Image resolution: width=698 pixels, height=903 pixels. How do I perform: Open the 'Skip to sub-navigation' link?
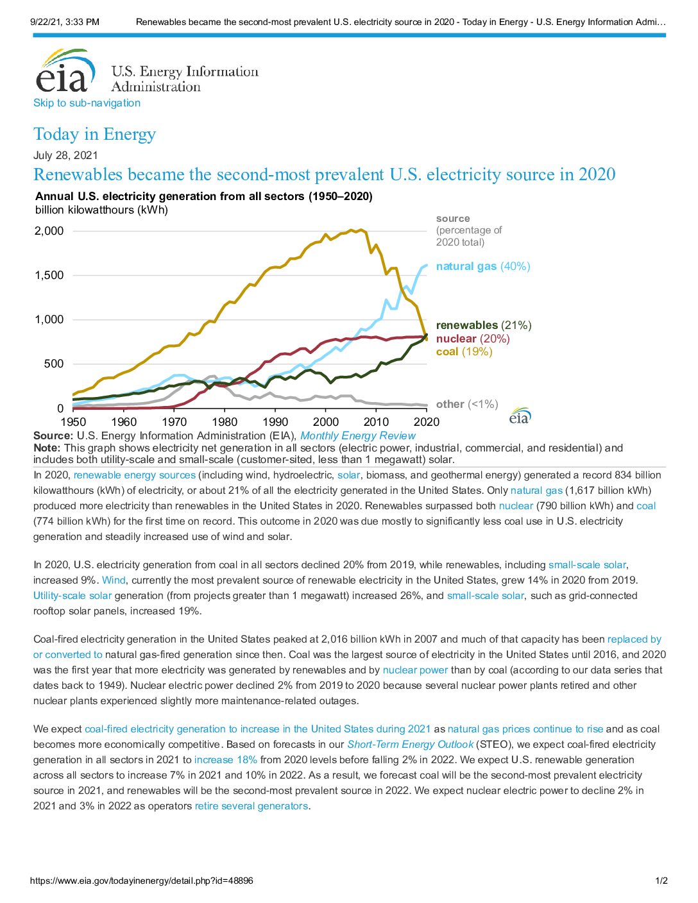point(87,103)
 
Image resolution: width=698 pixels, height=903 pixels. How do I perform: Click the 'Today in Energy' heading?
point(95,134)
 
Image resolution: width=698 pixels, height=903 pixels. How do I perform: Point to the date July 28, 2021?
point(65,155)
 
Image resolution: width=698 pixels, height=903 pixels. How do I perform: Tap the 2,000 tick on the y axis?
point(49,231)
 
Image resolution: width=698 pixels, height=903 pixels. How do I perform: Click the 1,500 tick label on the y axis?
point(49,275)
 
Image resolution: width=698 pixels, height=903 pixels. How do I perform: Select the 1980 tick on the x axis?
point(225,422)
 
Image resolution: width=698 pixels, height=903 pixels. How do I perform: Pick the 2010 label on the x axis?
point(376,422)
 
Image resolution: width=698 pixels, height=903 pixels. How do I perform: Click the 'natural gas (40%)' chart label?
point(483,266)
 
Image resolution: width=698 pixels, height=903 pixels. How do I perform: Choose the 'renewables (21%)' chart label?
point(484,325)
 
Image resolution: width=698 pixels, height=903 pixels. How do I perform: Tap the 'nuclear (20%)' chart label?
point(473,339)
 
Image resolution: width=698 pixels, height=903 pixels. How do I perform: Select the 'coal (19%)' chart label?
point(464,352)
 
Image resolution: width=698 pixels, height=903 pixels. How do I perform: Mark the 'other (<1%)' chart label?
point(467,404)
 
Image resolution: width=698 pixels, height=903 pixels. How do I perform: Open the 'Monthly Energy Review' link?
point(357,435)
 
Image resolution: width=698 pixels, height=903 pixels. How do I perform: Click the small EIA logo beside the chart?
point(520,416)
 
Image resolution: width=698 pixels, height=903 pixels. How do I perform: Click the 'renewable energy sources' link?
point(134,475)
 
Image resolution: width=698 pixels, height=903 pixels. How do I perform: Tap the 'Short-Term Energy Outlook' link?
point(411,744)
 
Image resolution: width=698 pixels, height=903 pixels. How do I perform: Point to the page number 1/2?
point(661,881)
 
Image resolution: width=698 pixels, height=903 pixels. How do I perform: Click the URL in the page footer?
point(141,881)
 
